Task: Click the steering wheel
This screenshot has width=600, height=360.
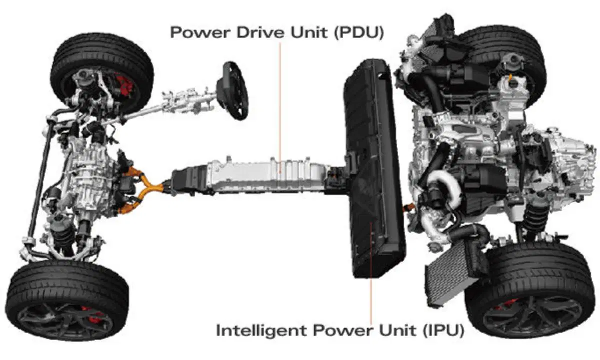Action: point(232,90)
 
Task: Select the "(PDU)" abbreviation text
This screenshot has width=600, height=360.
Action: point(359,32)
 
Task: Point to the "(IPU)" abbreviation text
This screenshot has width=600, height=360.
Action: point(444,330)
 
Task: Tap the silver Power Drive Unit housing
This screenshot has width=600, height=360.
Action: point(268,175)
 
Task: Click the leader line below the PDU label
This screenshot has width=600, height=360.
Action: point(280,107)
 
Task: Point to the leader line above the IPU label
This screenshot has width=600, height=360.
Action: point(371,273)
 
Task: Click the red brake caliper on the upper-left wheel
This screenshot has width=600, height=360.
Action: point(124,85)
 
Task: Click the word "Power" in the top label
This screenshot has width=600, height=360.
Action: point(200,32)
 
